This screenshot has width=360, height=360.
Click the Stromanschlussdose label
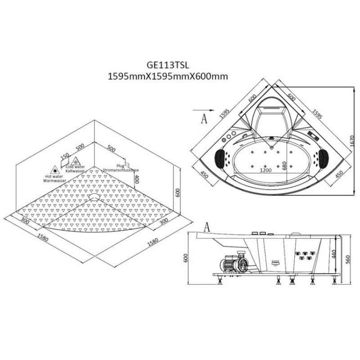pyautogui.click(x=121, y=170)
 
